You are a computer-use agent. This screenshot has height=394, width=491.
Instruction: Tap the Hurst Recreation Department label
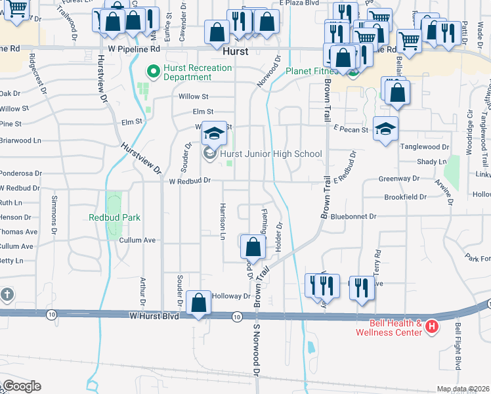click(198, 72)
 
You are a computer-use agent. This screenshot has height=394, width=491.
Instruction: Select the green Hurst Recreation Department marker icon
click(154, 70)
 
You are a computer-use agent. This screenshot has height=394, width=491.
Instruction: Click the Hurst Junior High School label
click(271, 154)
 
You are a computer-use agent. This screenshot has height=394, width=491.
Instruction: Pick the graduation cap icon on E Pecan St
click(385, 129)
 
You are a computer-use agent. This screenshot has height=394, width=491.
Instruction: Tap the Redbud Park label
click(115, 217)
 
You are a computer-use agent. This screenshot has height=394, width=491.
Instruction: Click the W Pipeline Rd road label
click(134, 49)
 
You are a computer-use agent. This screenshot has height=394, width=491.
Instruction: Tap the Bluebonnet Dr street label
click(354, 216)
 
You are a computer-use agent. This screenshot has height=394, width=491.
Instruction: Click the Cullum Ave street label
click(137, 240)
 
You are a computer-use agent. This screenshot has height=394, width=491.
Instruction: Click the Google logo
click(21, 386)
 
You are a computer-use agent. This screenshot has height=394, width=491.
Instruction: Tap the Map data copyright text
click(463, 389)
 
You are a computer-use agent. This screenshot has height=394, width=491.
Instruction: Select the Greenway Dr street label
click(398, 179)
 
